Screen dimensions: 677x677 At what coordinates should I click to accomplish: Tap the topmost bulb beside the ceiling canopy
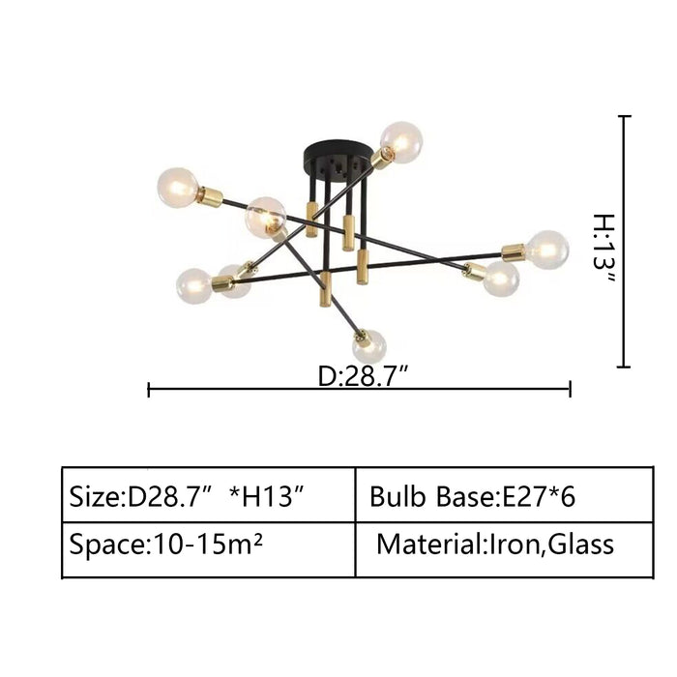point(401,142)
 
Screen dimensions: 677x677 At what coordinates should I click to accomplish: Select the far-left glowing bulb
point(178,188)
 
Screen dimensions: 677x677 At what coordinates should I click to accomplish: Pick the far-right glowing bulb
point(547,250)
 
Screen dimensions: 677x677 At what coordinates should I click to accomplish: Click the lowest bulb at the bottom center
point(369,346)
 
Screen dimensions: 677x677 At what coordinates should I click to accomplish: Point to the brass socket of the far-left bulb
point(210,196)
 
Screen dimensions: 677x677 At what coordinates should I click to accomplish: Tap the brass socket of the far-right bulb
point(514,253)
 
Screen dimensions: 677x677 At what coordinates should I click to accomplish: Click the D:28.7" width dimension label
point(363,376)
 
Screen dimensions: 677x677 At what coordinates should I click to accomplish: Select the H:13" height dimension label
point(603,249)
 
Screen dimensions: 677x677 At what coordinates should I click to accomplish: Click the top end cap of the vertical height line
point(625,116)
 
